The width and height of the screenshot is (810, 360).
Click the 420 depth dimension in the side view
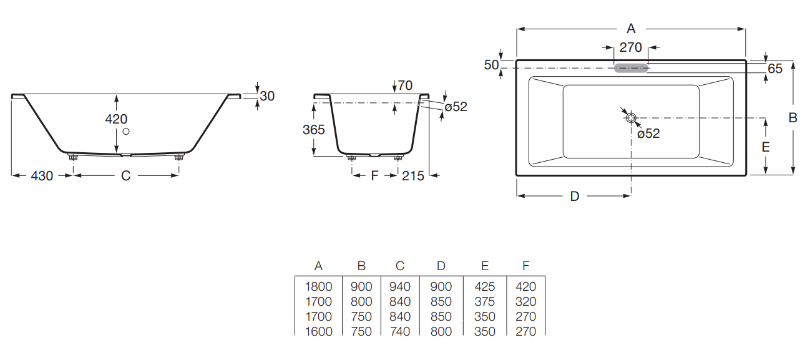coord(117,119)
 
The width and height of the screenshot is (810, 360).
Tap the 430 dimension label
coord(42,177)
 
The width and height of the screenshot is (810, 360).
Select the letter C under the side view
coord(125,177)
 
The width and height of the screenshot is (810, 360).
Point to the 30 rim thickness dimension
coord(267,96)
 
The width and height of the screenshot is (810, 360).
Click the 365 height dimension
coord(313,130)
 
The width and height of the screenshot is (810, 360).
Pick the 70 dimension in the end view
coord(405,85)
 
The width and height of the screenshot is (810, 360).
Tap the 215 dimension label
coord(413,177)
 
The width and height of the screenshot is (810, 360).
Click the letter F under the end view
coord(374,177)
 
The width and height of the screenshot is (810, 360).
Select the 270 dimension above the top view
coord(630,47)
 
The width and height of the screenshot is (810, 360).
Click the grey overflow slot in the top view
coord(631,68)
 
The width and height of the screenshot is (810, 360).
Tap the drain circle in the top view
coord(631,118)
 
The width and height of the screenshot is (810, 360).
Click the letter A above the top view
coord(631,29)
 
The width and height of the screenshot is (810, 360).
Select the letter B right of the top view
coord(793,118)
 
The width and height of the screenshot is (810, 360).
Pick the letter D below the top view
coord(575,197)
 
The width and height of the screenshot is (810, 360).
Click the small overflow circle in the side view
coord(127,131)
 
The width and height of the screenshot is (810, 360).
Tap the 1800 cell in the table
coord(318,286)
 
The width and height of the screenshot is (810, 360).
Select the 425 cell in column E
coord(484,286)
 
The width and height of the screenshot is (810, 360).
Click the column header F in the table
coord(525,266)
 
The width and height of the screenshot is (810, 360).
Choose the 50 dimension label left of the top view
coord(491,65)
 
